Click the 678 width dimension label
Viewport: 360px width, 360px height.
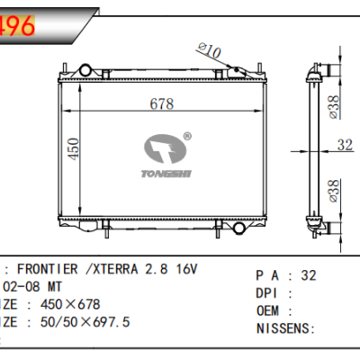click(162, 104)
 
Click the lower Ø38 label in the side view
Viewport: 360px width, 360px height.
click(333, 189)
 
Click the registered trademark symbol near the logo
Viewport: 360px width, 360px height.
click(186, 137)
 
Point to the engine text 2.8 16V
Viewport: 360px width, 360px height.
click(172, 269)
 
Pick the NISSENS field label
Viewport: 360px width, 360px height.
click(283, 328)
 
